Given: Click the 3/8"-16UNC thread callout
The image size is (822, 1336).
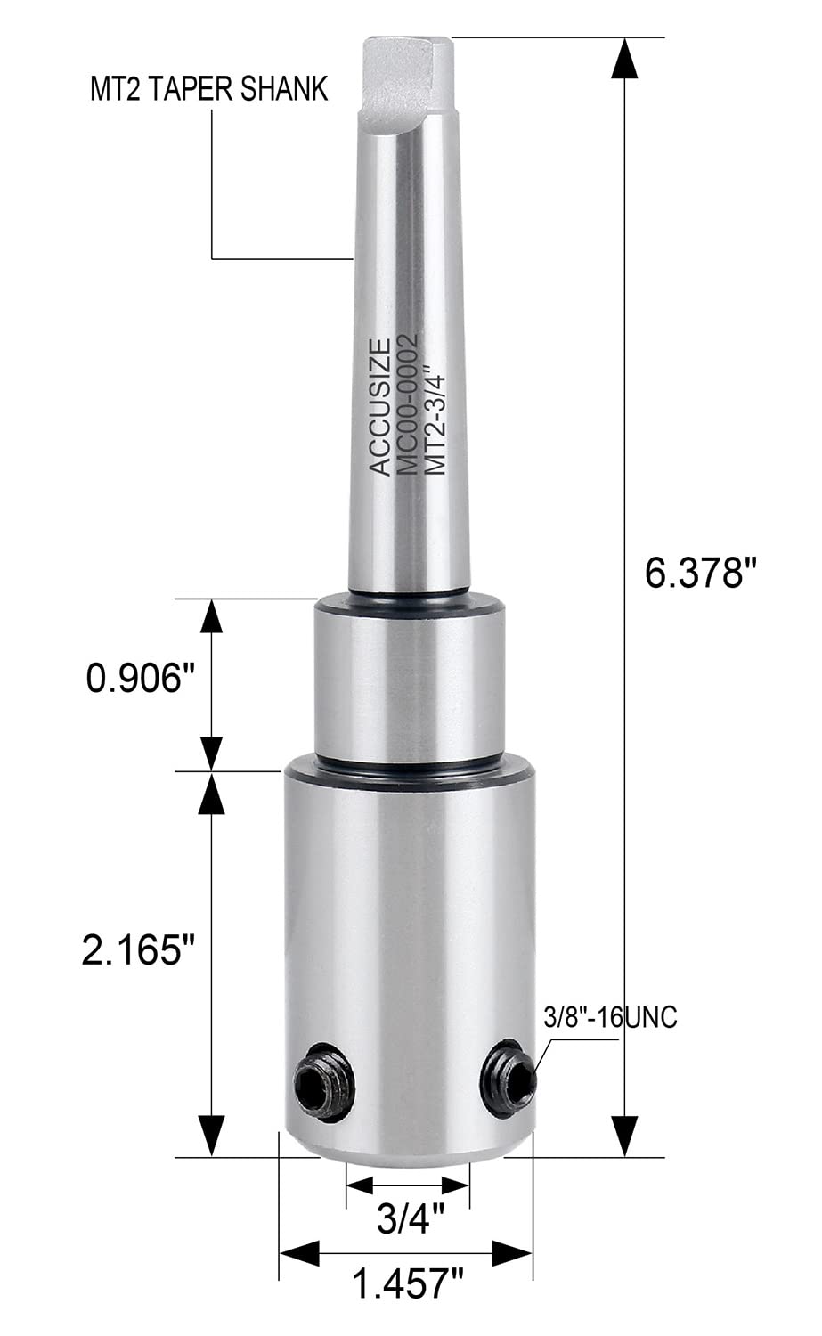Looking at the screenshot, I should coord(610,1018).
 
